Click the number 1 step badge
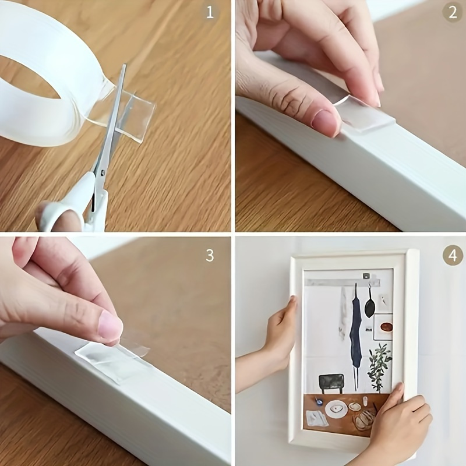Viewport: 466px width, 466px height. (210, 12)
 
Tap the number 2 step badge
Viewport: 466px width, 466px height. (452, 12)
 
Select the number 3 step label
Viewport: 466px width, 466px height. (210, 255)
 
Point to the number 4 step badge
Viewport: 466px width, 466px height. (452, 255)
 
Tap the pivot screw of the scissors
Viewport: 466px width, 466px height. (103, 172)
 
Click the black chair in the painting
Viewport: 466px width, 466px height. (331, 383)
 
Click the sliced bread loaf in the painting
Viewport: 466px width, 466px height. (364, 419)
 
